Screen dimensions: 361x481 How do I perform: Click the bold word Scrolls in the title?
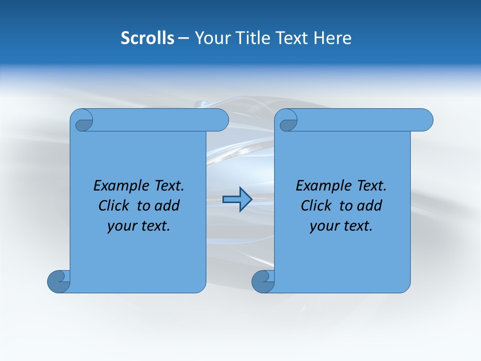[148, 38]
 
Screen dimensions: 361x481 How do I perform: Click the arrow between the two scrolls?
[237, 200]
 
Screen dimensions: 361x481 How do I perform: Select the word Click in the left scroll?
[114, 206]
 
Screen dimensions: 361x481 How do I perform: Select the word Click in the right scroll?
[317, 206]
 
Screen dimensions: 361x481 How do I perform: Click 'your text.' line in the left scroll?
[139, 226]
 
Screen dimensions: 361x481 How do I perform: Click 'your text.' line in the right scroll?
[341, 226]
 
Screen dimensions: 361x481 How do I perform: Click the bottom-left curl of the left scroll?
[58, 281]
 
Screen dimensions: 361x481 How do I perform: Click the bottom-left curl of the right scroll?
[263, 281]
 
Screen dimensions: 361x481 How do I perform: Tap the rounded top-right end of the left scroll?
[220, 120]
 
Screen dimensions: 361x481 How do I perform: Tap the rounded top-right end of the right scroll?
[425, 120]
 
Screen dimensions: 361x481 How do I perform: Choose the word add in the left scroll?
[167, 206]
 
